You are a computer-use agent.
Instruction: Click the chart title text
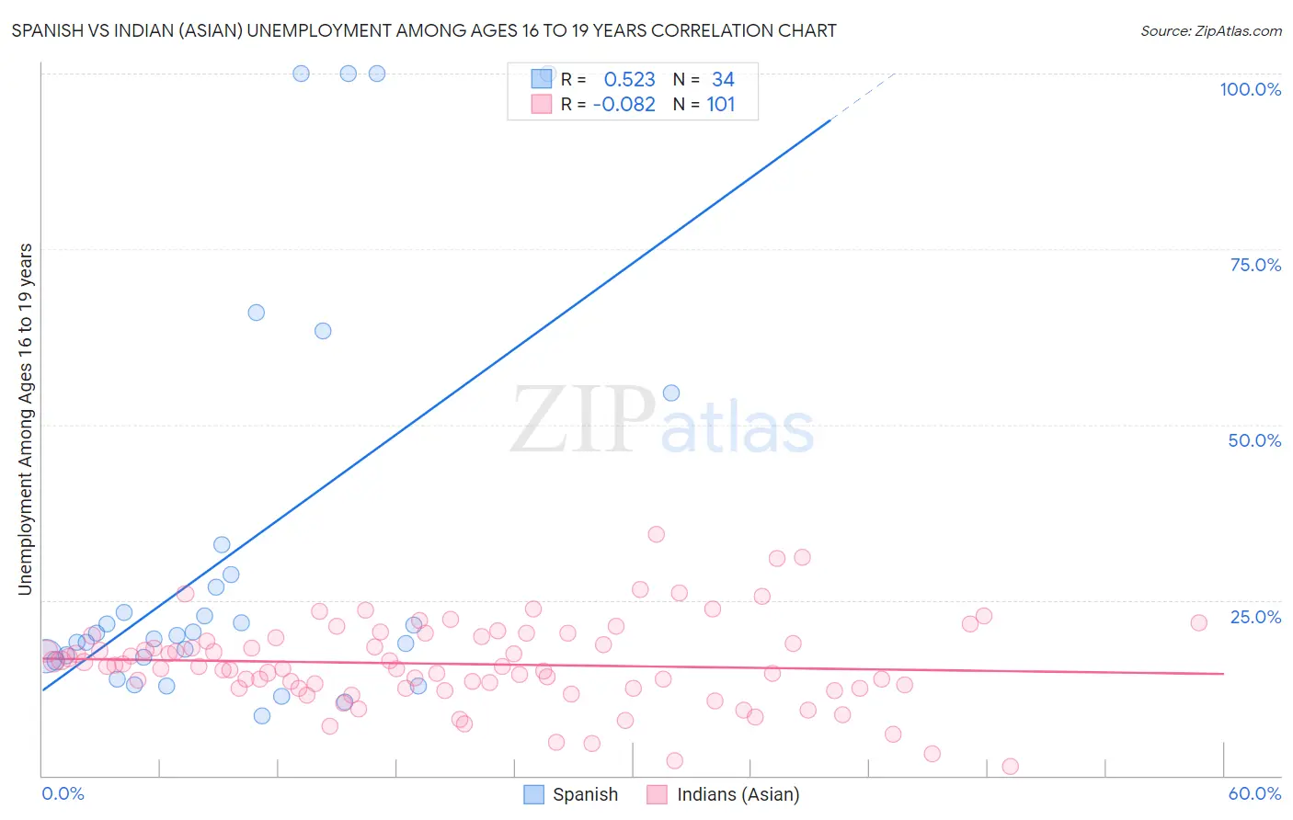[x=424, y=30]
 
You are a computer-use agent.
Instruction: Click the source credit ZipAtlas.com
[x=1210, y=30]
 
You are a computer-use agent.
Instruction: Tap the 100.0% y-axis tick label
[x=1250, y=89]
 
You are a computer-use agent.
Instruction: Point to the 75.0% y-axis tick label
[x=1255, y=265]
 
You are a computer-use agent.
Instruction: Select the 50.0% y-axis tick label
[x=1254, y=440]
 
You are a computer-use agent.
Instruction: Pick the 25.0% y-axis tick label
[x=1255, y=616]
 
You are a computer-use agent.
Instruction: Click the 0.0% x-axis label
[x=63, y=793]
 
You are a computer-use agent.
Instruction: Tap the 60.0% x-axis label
[x=1254, y=793]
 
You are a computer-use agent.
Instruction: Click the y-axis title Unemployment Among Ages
[x=25, y=419]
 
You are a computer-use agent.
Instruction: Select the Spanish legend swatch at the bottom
[x=534, y=794]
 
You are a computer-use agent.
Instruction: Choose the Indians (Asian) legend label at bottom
[x=738, y=794]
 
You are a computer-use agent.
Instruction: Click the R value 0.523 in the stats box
[x=629, y=80]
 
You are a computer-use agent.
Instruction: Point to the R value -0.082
[x=624, y=105]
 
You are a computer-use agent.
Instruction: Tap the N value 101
[x=721, y=105]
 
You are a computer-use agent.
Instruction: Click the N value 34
[x=723, y=80]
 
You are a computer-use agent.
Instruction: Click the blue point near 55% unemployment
[x=671, y=393]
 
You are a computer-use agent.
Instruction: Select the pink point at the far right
[x=1198, y=622]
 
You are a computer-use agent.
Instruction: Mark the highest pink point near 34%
[x=656, y=534]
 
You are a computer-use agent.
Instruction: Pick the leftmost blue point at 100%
[x=301, y=74]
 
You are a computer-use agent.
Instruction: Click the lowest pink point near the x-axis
[x=1010, y=766]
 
